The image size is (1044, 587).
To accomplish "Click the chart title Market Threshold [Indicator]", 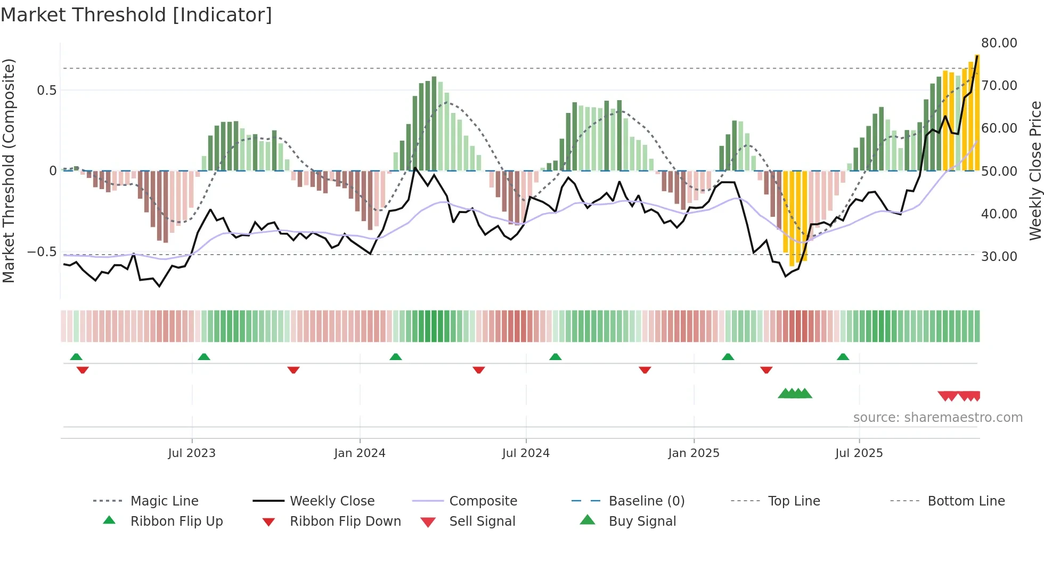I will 136,15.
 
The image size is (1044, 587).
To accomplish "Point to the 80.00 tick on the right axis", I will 999,43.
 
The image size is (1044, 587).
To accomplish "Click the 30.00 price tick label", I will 999,257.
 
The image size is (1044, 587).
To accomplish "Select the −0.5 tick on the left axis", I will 42,252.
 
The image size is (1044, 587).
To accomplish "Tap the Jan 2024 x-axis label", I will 360,453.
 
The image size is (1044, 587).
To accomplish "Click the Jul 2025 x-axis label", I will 859,453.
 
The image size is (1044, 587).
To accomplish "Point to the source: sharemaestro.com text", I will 937,418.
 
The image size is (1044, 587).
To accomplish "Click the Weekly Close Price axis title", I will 1035,170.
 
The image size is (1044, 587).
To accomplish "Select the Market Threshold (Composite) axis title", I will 9,170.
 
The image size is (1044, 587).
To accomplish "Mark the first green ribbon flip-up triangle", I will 76,357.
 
